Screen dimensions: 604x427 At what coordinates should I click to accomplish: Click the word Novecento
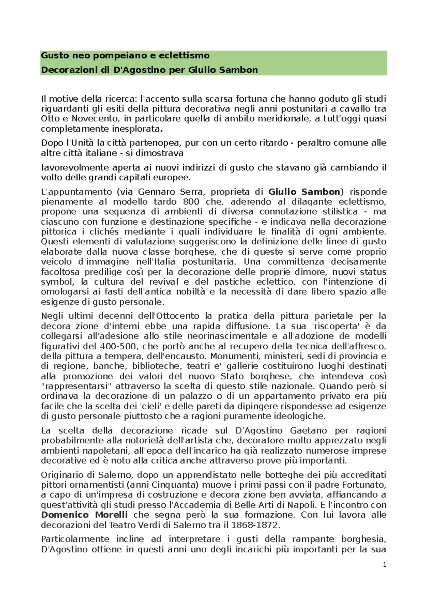tap(94, 118)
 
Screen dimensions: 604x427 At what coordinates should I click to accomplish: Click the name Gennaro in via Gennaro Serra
tap(155, 192)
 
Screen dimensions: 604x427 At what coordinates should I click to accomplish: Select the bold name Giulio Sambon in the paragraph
tap(304, 192)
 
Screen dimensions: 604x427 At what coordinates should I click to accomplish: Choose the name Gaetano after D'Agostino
tap(309, 431)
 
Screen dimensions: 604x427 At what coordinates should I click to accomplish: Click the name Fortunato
tap(368, 485)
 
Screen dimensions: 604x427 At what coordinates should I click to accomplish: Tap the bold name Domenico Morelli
tap(84, 515)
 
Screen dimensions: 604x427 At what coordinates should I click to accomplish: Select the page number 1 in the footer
tap(384, 565)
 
